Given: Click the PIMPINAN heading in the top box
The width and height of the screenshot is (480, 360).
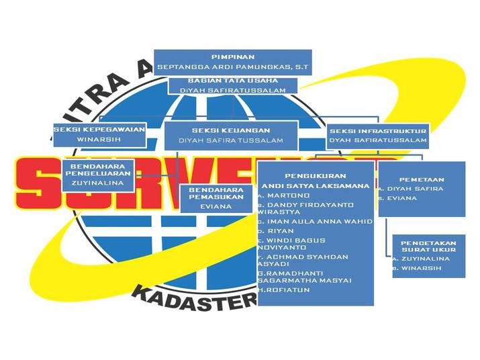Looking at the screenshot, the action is coord(232,56).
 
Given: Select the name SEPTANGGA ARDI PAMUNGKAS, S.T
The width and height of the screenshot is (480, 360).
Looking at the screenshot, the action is coord(232,67).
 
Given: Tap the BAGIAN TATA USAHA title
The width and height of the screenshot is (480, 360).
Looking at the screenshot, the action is coord(233,81).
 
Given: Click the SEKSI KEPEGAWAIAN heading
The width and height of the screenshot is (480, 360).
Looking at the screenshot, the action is coord(99,128).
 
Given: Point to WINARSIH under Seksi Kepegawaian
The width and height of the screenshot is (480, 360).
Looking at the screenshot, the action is coord(99,140).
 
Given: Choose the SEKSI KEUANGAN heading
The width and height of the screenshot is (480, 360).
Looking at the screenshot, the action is coord(231,130).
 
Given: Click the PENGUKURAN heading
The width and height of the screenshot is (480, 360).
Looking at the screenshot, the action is coord(315,175).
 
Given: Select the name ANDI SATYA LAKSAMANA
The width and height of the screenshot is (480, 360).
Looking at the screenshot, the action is coord(316,185).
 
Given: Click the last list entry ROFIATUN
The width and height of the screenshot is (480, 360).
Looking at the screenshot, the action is coord(282,290).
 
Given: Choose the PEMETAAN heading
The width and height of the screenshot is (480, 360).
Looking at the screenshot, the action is coord(422,179).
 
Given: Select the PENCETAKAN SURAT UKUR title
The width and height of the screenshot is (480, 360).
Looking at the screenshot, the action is coord(428,246).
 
